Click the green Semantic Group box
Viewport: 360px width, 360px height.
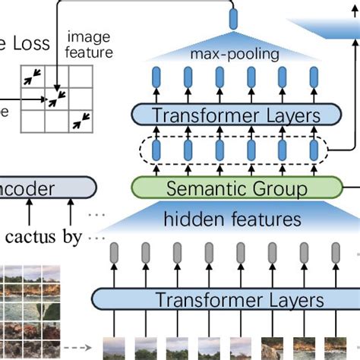point(236,187)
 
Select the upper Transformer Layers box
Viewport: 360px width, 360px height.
point(236,115)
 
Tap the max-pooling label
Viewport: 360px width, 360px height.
point(235,55)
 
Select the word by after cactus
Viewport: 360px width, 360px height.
point(72,236)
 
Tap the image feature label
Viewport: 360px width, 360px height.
point(90,45)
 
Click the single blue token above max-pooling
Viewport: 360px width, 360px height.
point(233,17)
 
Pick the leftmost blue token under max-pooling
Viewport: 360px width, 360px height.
point(157,78)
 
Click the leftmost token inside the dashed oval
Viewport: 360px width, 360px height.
point(157,149)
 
